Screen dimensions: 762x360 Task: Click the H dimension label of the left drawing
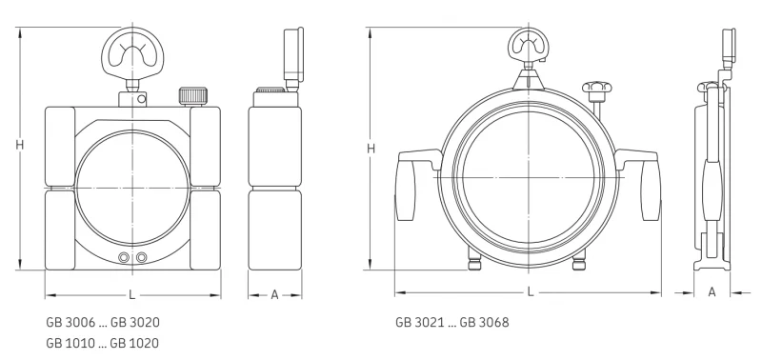(x=19, y=145)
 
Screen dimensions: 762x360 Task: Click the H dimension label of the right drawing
(x=371, y=149)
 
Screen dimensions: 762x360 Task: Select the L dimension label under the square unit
(x=132, y=294)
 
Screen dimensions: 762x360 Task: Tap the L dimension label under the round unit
(x=531, y=292)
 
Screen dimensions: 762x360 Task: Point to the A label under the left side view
(x=274, y=294)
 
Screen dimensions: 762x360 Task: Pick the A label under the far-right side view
(x=712, y=292)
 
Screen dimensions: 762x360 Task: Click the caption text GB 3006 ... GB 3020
(x=103, y=322)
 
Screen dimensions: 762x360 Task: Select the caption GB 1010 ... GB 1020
(x=103, y=343)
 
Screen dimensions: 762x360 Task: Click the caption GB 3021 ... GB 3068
(x=451, y=322)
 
